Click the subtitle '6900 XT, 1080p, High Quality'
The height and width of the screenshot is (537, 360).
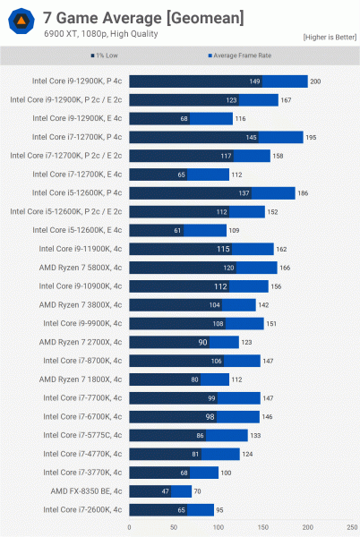point(94,34)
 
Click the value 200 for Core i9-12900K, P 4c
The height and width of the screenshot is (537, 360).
point(315,81)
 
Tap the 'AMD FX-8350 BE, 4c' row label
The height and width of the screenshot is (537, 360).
point(82,490)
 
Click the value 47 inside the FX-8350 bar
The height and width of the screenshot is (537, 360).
point(166,491)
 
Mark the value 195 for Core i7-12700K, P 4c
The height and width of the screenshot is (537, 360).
point(311,137)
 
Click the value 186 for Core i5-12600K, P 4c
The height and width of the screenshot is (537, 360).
point(303,192)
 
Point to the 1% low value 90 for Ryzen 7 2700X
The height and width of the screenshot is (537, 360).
point(203,342)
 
